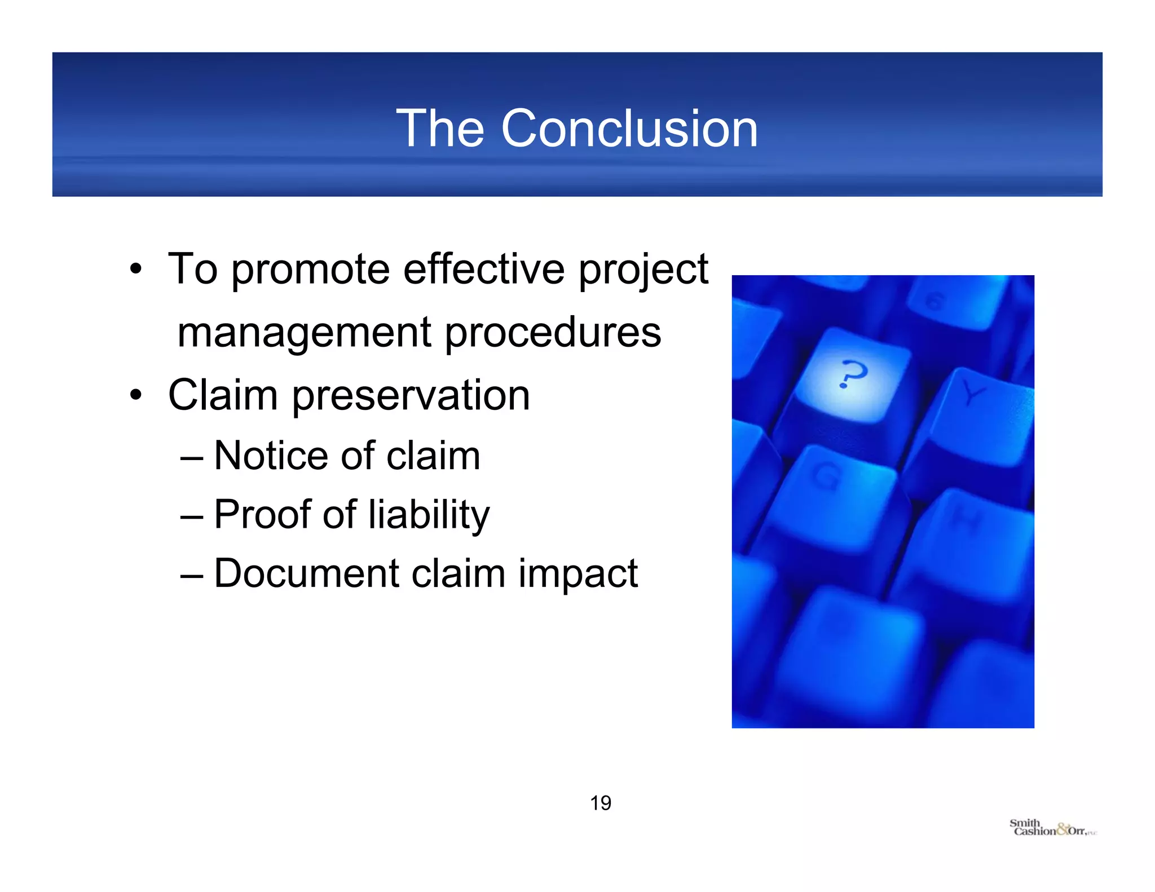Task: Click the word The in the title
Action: [x=440, y=129]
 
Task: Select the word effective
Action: [x=484, y=270]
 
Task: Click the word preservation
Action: [x=411, y=396]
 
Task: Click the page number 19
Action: [x=601, y=803]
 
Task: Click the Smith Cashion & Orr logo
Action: [x=1052, y=828]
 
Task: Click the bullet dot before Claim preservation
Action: [x=135, y=395]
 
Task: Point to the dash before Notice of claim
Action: [x=192, y=457]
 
